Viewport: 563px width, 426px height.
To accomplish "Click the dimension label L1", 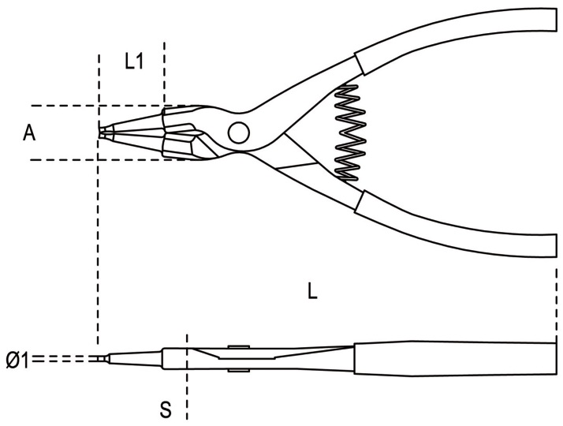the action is pyautogui.click(x=134, y=61).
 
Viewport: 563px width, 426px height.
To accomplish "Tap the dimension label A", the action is pyautogui.click(x=29, y=133).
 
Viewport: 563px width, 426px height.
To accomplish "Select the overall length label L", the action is pyautogui.click(x=312, y=290).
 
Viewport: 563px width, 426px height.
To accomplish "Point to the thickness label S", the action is pyautogui.click(x=166, y=409).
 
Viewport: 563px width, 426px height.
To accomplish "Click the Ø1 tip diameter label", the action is pyautogui.click(x=17, y=360).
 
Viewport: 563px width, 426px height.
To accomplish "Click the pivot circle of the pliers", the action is pyautogui.click(x=239, y=133).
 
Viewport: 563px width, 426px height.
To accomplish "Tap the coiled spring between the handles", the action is pyautogui.click(x=349, y=133).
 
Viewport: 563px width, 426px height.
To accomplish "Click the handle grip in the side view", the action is pyautogui.click(x=455, y=358).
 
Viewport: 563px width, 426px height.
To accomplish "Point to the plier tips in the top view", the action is pyautogui.click(x=106, y=133).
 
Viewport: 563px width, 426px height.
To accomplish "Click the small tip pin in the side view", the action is pyautogui.click(x=103, y=358).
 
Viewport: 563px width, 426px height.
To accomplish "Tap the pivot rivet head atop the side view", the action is pyautogui.click(x=239, y=346).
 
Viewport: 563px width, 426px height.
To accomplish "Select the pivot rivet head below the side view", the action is pyautogui.click(x=239, y=370).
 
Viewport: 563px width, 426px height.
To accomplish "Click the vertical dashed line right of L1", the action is pyautogui.click(x=165, y=73).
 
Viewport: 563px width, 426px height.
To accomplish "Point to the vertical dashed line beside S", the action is pyautogui.click(x=187, y=376).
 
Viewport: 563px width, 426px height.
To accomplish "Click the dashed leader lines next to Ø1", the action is pyautogui.click(x=65, y=358).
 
